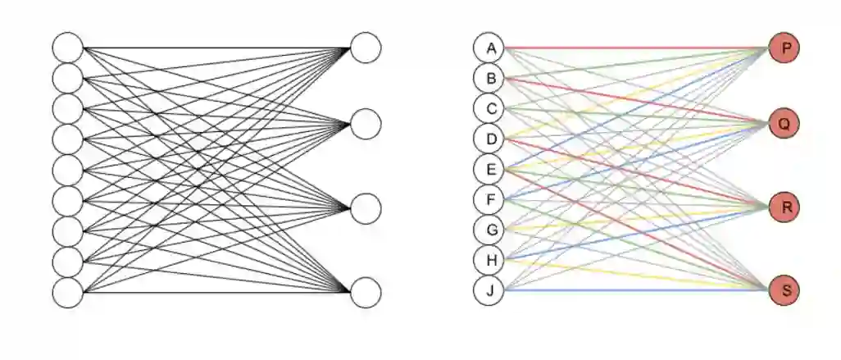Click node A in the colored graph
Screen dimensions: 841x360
pyautogui.click(x=489, y=48)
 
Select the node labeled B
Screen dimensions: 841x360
pyautogui.click(x=489, y=79)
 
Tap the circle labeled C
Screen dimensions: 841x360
pyautogui.click(x=489, y=108)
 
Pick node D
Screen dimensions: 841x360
pyautogui.click(x=489, y=139)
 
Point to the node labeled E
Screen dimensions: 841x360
pyautogui.click(x=489, y=170)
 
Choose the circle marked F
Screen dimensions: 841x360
pyautogui.click(x=489, y=199)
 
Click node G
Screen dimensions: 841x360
pyautogui.click(x=489, y=230)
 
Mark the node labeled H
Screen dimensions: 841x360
pyautogui.click(x=489, y=260)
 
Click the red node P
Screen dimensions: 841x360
pyautogui.click(x=785, y=48)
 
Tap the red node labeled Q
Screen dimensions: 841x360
pyautogui.click(x=785, y=124)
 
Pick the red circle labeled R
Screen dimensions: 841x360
pyautogui.click(x=785, y=207)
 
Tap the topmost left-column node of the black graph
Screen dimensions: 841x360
pyautogui.click(x=68, y=48)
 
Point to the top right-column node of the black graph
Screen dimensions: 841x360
pyautogui.click(x=366, y=48)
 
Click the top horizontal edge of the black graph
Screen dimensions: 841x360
pyautogui.click(x=217, y=48)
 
